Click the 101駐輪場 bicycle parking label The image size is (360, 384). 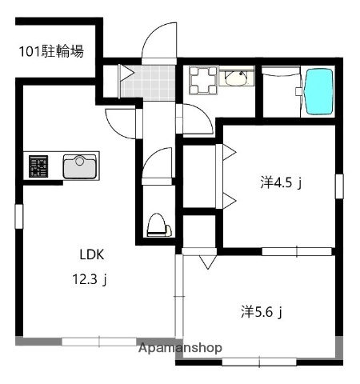[52, 54]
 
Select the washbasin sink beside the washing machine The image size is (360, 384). [236, 78]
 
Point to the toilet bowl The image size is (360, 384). [157, 225]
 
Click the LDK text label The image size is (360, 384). [91, 255]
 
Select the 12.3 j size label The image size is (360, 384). [91, 280]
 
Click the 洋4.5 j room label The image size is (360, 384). [280, 183]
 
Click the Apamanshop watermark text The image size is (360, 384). [180, 349]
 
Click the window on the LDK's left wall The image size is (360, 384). [18, 217]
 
